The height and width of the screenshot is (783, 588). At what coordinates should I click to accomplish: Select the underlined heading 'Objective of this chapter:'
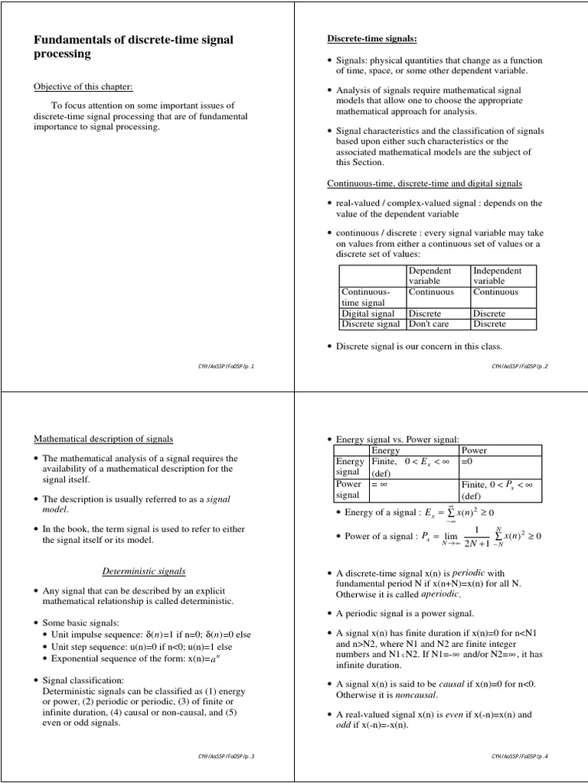83,86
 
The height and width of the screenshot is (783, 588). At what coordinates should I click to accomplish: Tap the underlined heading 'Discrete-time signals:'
372,39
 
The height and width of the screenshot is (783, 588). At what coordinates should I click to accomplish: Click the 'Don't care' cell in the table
430,324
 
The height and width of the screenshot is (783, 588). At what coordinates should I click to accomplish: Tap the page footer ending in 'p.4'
521,756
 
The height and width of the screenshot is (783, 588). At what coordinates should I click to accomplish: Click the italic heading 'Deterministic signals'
144,571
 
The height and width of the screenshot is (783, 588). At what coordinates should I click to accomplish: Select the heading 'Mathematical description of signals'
103,439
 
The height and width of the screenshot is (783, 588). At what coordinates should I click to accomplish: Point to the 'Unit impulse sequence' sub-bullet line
152,635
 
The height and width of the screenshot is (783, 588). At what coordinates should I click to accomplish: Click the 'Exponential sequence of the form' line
145,658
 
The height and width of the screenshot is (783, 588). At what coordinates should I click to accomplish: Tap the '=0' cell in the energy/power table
468,462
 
